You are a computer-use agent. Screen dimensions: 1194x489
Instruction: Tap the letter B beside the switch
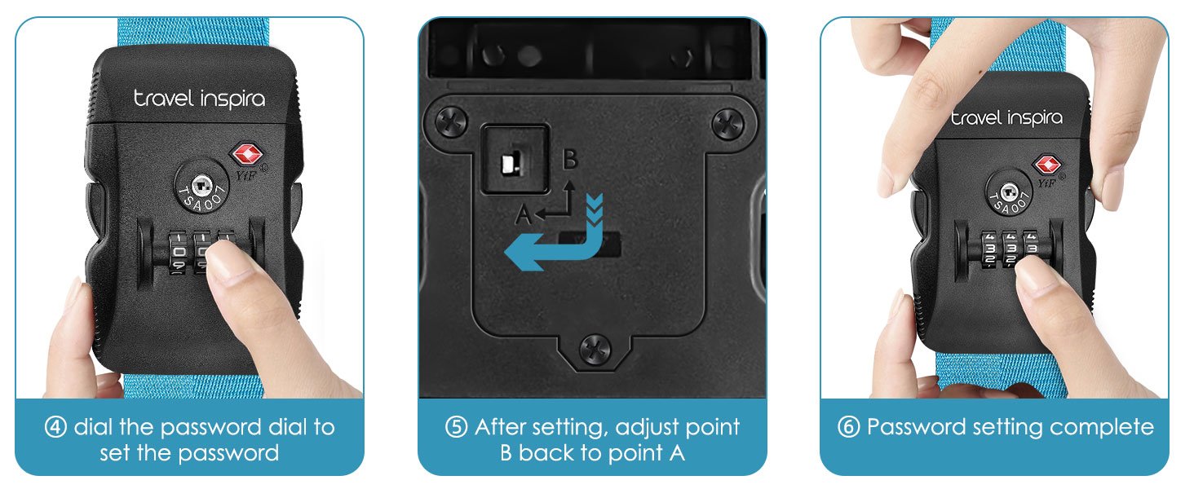pos(570,159)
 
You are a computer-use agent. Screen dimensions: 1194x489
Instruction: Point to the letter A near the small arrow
pos(524,215)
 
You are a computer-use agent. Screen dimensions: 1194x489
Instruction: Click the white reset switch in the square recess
pos(510,162)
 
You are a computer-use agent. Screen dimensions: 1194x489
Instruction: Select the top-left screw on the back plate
pos(452,122)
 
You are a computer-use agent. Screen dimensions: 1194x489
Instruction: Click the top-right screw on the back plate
pos(728,124)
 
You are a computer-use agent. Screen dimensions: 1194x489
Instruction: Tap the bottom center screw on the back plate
pos(595,350)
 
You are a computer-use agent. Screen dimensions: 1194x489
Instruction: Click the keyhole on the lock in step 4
pos(202,186)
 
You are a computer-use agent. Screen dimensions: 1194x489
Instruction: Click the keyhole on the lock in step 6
pos(1009,192)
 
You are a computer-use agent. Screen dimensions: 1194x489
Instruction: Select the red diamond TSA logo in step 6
pos(1047,165)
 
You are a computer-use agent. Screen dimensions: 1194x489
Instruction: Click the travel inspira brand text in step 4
pos(199,99)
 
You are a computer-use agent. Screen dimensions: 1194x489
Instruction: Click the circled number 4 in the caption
pos(55,427)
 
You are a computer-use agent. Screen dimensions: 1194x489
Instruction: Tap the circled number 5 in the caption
pos(456,427)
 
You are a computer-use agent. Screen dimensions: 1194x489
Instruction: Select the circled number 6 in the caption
pos(848,427)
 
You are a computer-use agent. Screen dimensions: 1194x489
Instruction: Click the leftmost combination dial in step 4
pos(178,252)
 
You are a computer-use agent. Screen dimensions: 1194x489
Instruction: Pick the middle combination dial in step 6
pos(1010,249)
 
